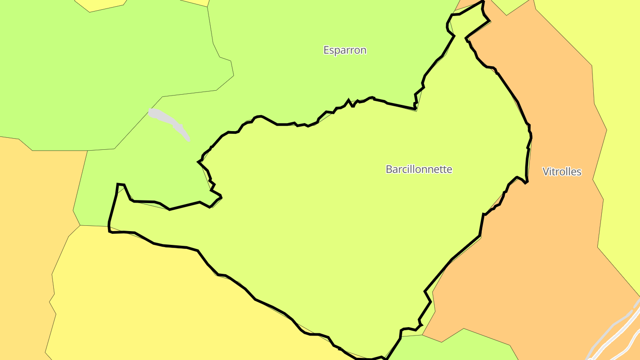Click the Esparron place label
pyautogui.click(x=345, y=50)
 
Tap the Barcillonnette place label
pyautogui.click(x=419, y=169)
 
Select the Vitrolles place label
pyautogui.click(x=562, y=172)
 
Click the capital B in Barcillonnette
pyautogui.click(x=389, y=169)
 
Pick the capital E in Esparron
pyautogui.click(x=326, y=50)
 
